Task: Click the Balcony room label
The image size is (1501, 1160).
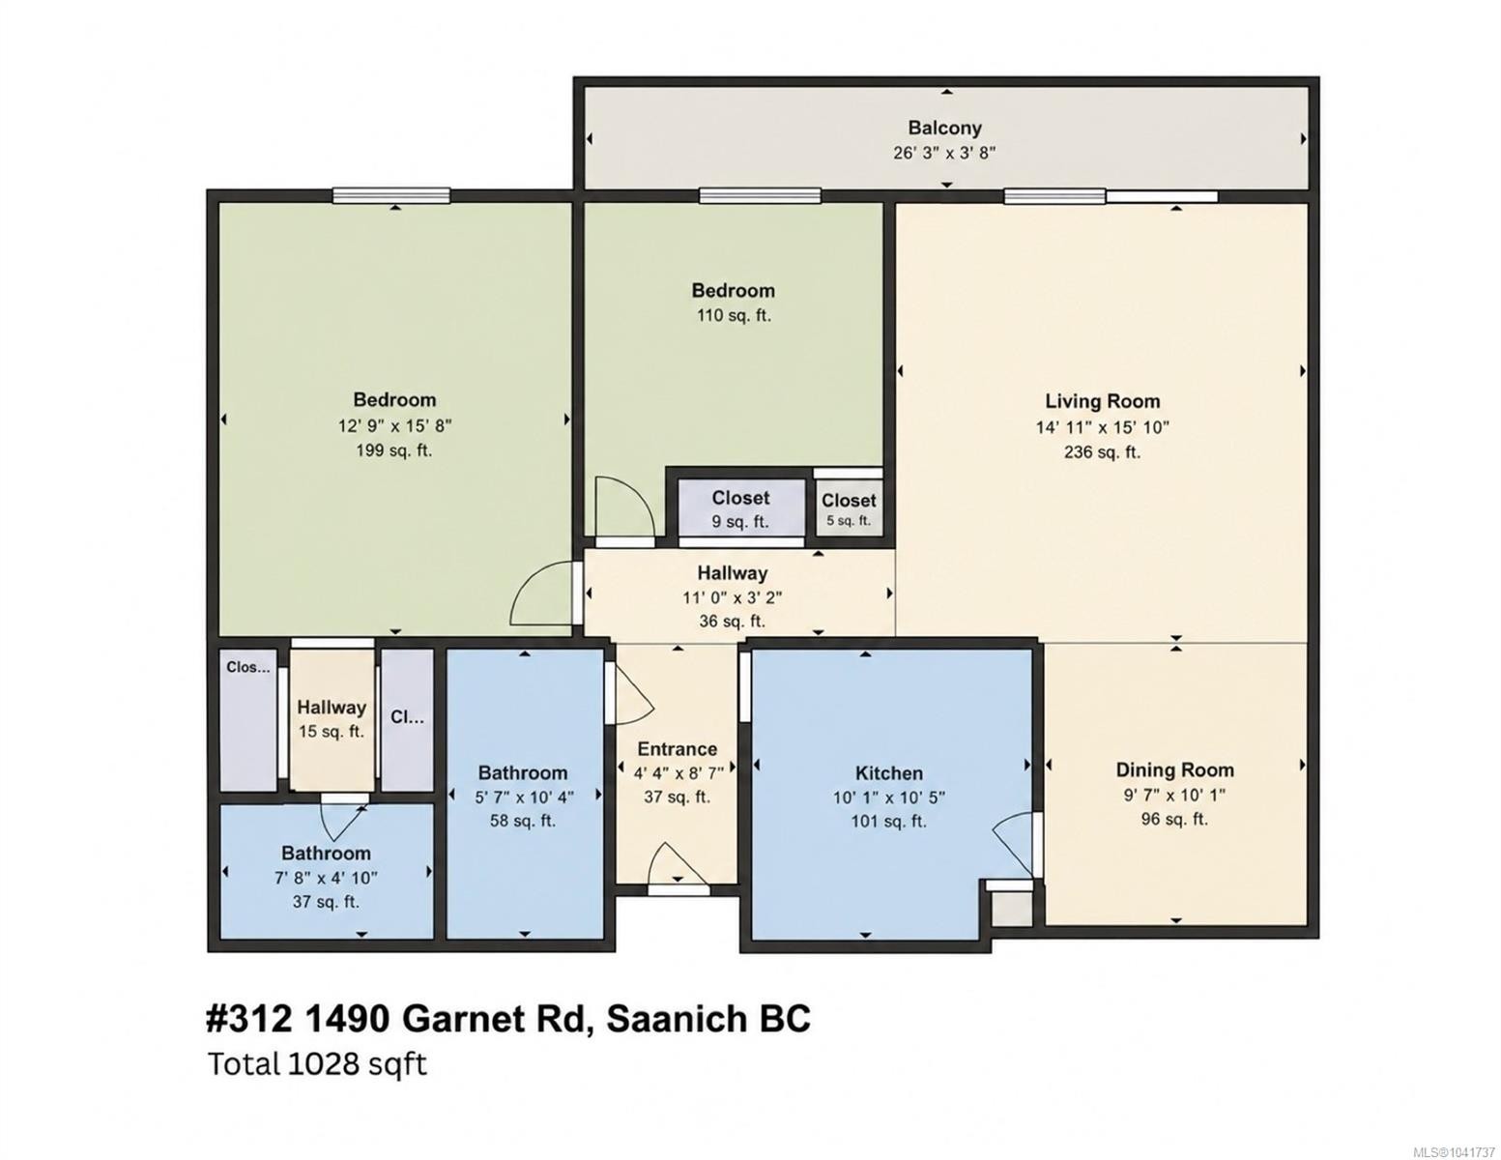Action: [944, 128]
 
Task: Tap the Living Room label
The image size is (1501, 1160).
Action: [1102, 401]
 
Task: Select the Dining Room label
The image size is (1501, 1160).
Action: [1174, 769]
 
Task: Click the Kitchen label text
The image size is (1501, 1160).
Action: [888, 773]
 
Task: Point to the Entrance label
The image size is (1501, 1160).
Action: [677, 749]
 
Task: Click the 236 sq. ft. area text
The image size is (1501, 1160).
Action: [1102, 452]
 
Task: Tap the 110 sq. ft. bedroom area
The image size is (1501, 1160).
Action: [733, 316]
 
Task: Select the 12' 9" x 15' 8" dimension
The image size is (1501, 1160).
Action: [394, 425]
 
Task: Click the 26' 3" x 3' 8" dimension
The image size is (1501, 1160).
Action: [944, 153]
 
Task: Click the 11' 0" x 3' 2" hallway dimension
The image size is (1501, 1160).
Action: [733, 597]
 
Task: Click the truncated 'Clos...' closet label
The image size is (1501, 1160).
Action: [248, 667]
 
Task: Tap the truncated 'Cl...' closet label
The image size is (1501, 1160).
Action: [407, 718]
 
